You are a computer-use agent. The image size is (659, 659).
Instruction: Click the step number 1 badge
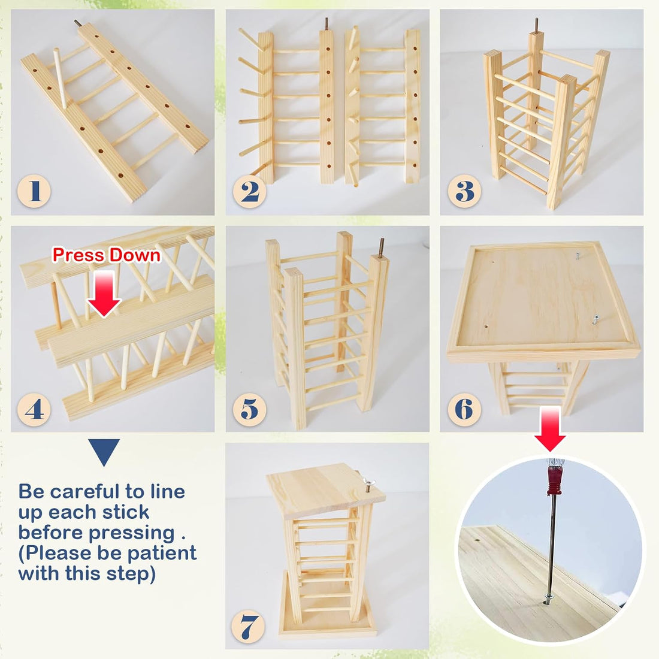tap(34, 191)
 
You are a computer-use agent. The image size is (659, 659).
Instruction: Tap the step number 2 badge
tap(250, 191)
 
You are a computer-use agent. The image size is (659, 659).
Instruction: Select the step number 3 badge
tap(464, 191)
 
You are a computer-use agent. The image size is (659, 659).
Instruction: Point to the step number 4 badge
tap(34, 409)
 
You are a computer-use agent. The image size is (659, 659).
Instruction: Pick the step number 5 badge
tap(250, 409)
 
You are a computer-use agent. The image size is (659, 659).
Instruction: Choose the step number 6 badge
tap(464, 409)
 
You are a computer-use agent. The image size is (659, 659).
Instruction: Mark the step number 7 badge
tap(248, 627)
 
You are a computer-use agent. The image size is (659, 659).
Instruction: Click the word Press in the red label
tap(78, 255)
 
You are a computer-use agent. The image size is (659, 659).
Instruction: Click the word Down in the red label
tap(134, 255)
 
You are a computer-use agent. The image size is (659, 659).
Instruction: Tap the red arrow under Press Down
tap(104, 293)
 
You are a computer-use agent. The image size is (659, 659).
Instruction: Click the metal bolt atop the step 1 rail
tap(78, 23)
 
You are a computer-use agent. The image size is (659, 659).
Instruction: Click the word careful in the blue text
tap(84, 491)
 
